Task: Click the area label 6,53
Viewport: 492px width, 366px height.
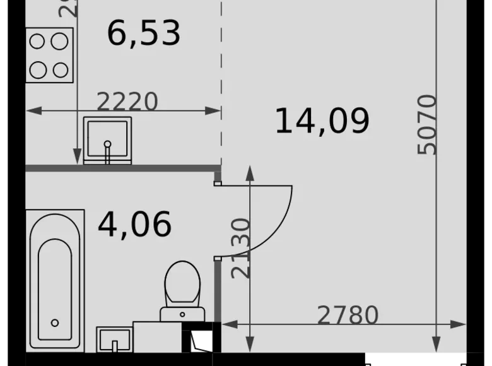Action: (x=144, y=33)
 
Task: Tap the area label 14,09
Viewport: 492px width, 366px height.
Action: (x=322, y=121)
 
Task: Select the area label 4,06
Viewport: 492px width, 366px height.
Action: (x=134, y=224)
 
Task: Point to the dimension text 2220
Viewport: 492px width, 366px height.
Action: (x=127, y=102)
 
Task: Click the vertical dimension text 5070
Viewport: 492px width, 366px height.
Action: (x=427, y=124)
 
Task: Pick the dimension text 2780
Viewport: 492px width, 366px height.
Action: (x=348, y=315)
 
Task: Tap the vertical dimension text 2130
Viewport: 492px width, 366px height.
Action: (x=241, y=248)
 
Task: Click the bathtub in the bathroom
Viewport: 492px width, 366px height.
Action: (x=56, y=281)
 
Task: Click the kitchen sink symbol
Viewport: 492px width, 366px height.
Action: (x=107, y=140)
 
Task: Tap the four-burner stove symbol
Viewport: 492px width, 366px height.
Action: (x=49, y=56)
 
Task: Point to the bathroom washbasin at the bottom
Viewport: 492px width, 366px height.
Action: (x=114, y=339)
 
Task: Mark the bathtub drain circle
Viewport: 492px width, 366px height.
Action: (x=55, y=323)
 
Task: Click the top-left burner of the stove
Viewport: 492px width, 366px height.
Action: (x=37, y=42)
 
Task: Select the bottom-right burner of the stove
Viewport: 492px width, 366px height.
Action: (x=61, y=69)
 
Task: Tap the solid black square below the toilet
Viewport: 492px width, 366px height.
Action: (x=201, y=338)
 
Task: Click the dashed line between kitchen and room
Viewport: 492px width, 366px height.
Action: (x=221, y=82)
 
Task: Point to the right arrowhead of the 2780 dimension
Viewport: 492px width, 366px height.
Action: (x=460, y=324)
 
